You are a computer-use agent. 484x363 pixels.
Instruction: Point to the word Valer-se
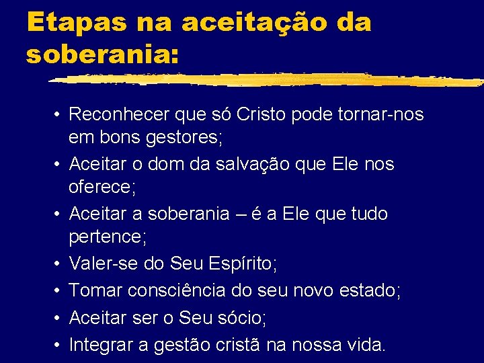[x=104, y=264]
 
